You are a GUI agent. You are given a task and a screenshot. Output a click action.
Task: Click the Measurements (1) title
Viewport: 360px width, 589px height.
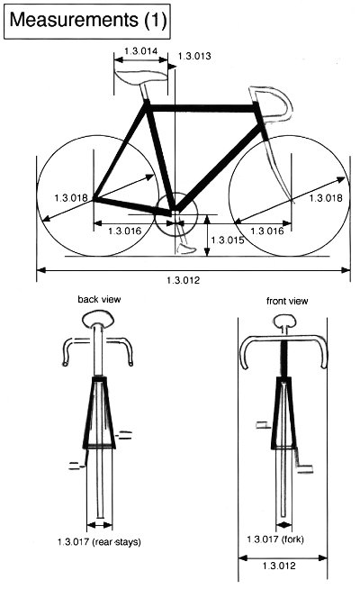pos(88,21)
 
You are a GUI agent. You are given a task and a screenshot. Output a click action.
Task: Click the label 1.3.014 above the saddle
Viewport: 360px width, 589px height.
pos(140,51)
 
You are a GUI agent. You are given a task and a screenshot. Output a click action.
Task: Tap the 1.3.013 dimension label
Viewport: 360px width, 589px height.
pos(194,56)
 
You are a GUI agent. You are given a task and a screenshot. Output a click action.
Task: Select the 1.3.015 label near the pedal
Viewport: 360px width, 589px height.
pos(228,240)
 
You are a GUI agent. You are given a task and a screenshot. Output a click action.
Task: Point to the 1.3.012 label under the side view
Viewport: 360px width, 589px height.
pos(184,280)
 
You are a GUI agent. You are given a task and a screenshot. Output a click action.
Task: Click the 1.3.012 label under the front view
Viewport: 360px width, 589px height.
pos(279,566)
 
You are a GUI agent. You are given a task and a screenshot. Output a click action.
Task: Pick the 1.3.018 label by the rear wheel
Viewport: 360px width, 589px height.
pos(71,197)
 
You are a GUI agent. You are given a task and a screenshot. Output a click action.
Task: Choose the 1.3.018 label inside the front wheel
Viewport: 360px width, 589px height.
pos(326,197)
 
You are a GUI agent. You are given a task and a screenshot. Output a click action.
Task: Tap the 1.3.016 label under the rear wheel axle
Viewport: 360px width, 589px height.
pos(124,231)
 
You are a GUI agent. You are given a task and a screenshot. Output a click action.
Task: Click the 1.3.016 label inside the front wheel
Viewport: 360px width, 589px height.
pos(267,231)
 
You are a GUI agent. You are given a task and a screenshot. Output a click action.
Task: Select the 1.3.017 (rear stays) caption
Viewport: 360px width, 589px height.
pos(99,542)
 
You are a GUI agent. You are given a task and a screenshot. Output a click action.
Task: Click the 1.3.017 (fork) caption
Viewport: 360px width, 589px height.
pos(275,539)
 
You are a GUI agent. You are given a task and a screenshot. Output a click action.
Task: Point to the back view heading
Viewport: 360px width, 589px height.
pos(99,299)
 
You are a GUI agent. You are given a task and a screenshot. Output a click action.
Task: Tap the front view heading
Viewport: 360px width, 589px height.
pos(287,301)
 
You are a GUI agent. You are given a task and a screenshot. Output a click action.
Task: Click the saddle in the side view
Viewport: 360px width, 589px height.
pos(141,77)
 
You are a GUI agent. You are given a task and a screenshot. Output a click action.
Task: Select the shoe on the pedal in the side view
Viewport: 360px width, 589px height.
pos(185,249)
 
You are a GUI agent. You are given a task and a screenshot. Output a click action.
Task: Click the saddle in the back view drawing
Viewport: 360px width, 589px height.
pos(98,321)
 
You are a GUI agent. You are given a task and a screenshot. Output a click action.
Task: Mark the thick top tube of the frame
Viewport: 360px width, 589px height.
pos(202,108)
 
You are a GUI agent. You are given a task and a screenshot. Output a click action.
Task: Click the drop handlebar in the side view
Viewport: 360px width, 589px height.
pos(272,104)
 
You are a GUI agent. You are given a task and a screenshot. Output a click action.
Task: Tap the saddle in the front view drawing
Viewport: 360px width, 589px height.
pos(284,322)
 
